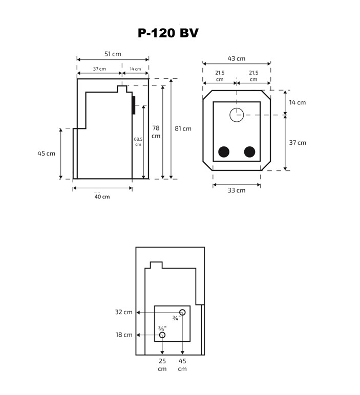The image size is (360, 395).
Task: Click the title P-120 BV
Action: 168,33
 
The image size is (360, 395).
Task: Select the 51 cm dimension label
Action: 113,54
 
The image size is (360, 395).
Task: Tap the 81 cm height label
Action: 183,128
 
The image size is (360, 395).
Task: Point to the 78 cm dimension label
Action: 156,132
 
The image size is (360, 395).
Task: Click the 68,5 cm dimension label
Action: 138,142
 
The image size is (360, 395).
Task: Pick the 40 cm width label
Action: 102,196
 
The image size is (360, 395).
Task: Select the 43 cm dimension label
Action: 237,58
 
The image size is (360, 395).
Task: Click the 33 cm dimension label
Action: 237,190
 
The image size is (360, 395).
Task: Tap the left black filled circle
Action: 224,151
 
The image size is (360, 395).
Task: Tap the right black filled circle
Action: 249,151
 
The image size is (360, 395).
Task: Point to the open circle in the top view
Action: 237,115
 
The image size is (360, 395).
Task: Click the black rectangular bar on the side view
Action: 133,105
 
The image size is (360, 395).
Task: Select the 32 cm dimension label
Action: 124,312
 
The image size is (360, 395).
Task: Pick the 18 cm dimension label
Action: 124,335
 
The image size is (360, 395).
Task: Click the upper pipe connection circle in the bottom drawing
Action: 182,312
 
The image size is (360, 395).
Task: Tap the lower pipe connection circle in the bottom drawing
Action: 162,335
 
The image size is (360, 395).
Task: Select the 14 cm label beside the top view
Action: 297,102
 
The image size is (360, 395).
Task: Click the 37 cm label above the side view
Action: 99,69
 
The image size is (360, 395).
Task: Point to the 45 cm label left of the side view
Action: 46,153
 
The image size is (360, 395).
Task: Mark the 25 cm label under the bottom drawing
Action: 162,365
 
